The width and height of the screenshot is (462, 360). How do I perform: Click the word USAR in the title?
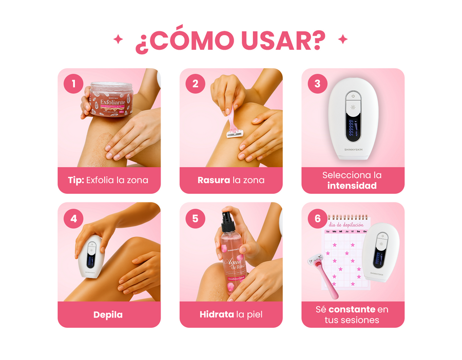pos(279,41)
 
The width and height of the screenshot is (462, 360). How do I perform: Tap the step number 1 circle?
pos(74,84)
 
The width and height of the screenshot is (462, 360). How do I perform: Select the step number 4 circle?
pos(74,218)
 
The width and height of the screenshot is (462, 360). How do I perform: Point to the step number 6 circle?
pos(318,218)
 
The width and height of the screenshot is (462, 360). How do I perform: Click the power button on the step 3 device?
pos(353,95)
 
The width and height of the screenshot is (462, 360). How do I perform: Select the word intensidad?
pos(352,186)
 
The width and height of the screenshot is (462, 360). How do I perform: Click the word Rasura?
pos(214,180)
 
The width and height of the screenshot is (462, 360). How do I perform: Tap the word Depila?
pos(108,314)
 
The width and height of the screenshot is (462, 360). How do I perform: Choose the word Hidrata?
pos(217,314)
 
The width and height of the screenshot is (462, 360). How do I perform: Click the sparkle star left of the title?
pos(118,39)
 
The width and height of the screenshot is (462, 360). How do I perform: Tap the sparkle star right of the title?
pos(343,39)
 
